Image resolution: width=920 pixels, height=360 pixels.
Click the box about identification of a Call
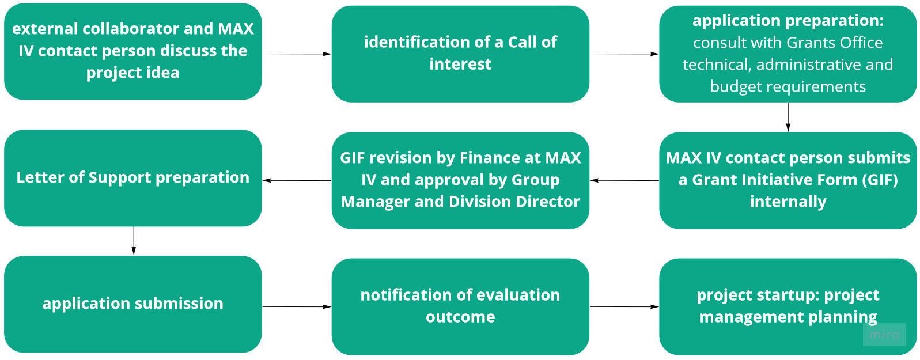pyautogui.click(x=460, y=54)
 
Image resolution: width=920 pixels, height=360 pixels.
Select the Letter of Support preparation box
pyautogui.click(x=132, y=177)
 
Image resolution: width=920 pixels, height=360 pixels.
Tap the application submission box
pyautogui.click(x=132, y=304)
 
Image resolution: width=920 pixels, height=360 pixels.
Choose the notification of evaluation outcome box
pyautogui.click(x=460, y=306)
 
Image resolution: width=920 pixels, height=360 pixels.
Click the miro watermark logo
pyautogui.click(x=884, y=334)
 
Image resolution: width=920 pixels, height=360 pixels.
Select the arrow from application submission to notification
pyautogui.click(x=297, y=306)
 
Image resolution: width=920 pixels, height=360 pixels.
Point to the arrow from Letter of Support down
pyautogui.click(x=134, y=241)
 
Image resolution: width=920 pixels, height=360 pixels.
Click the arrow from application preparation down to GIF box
pyautogui.click(x=788, y=118)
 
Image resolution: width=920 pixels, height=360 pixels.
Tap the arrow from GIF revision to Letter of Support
pyautogui.click(x=297, y=180)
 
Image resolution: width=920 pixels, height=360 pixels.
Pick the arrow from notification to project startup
pyautogui.click(x=624, y=306)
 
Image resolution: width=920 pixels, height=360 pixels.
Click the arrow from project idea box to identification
pyautogui.click(x=297, y=54)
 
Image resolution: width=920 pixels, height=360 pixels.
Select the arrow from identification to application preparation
pyautogui.click(x=624, y=54)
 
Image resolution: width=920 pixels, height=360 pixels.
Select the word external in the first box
pyautogui.click(x=45, y=29)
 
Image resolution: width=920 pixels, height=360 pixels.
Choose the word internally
pyautogui.click(x=788, y=202)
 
